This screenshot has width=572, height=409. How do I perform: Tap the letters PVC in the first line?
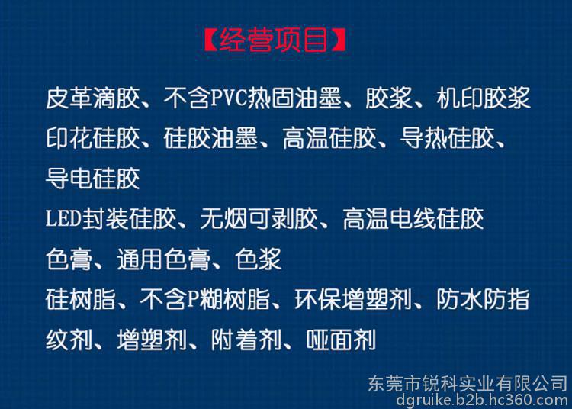pyautogui.click(x=229, y=98)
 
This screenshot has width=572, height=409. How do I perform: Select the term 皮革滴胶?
pyautogui.click(x=93, y=98)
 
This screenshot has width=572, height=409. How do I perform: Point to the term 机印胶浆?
pyautogui.click(x=484, y=98)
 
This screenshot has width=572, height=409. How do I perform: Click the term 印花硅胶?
pyautogui.click(x=93, y=138)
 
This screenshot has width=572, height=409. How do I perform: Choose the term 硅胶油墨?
pyautogui.click(x=210, y=138)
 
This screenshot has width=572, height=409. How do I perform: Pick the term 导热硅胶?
pyautogui.click(x=447, y=138)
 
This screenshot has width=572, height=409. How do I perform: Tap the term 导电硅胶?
pyautogui.click(x=93, y=179)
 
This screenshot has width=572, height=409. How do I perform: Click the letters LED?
pyautogui.click(x=63, y=218)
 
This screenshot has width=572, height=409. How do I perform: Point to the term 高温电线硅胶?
pyautogui.click(x=413, y=218)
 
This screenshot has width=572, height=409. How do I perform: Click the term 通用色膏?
pyautogui.click(x=164, y=259)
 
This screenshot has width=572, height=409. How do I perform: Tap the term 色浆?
pyautogui.click(x=259, y=259)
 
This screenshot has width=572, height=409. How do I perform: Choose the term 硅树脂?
pyautogui.click(x=81, y=299)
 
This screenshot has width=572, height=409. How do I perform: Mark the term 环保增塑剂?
pyautogui.click(x=353, y=299)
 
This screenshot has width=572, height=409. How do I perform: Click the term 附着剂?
pyautogui.click(x=246, y=340)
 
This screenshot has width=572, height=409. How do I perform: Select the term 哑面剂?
pyautogui.click(x=341, y=340)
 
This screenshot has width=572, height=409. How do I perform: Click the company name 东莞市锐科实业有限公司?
pyautogui.click(x=468, y=384)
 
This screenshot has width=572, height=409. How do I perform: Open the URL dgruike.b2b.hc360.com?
pyautogui.click(x=482, y=401)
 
